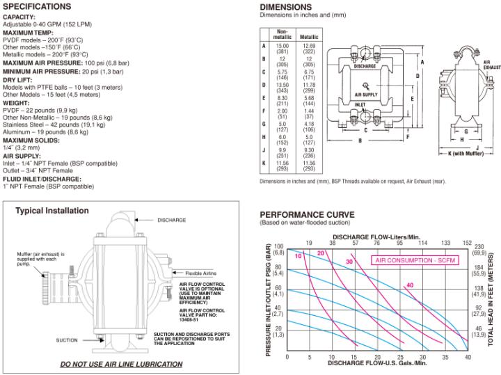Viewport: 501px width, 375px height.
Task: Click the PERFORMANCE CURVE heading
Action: (306, 214)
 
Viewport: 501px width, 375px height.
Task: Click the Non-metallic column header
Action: (283, 34)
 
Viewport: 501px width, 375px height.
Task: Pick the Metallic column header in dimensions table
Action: (308, 36)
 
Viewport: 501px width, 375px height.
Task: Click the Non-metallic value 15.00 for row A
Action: (283, 46)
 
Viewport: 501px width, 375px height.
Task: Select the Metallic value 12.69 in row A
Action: (308, 46)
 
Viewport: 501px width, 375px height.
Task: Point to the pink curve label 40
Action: (411, 285)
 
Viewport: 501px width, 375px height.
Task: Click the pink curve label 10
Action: (298, 257)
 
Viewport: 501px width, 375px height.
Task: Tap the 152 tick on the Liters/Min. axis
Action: (467, 243)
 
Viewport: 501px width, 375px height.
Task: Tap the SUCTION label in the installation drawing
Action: (67, 340)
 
